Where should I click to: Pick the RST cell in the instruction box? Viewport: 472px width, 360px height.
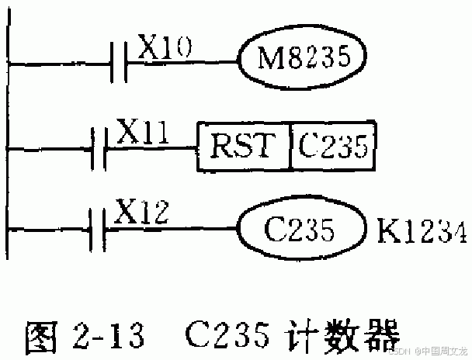coord(243,146)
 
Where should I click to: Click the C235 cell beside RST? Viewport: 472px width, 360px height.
coord(332,146)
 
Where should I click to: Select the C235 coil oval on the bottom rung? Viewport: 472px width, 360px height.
coord(301,230)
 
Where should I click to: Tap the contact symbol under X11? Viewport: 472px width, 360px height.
coord(98,146)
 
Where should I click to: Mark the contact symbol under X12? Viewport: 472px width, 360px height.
coord(98,230)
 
